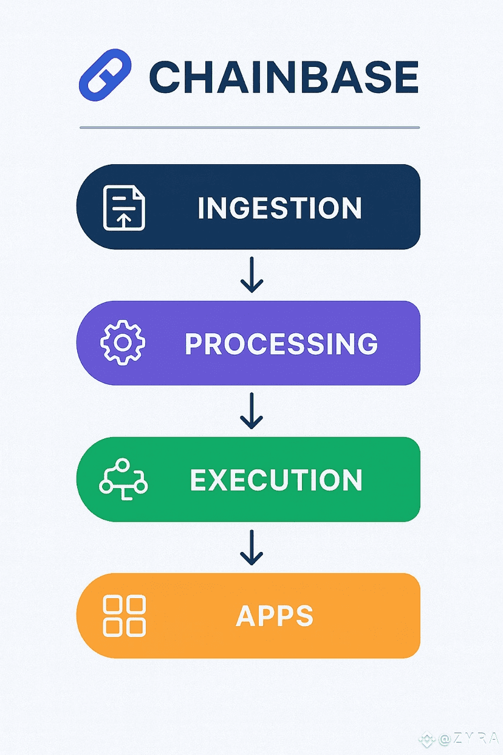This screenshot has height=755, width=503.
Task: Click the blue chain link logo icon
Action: pyautogui.click(x=104, y=75)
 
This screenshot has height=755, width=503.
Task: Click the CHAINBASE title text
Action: pyautogui.click(x=284, y=77)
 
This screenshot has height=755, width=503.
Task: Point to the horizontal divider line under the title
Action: pyautogui.click(x=250, y=128)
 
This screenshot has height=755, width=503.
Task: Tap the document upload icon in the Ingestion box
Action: pyautogui.click(x=124, y=208)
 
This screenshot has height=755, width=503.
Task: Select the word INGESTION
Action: pyautogui.click(x=279, y=208)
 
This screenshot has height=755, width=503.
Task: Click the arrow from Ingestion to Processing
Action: pyautogui.click(x=251, y=275)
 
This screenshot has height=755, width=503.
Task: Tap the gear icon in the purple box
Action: pyautogui.click(x=123, y=342)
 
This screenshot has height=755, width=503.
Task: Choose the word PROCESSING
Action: pyautogui.click(x=281, y=343)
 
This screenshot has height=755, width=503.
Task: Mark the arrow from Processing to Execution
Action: pyautogui.click(x=251, y=411)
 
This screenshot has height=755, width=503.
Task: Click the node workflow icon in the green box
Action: pyautogui.click(x=123, y=478)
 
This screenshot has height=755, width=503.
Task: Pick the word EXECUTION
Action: pyautogui.click(x=276, y=480)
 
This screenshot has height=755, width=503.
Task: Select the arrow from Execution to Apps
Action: pyautogui.click(x=251, y=547)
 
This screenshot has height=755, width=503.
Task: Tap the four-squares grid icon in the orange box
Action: pyautogui.click(x=125, y=616)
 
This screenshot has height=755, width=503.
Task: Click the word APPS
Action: pyautogui.click(x=275, y=615)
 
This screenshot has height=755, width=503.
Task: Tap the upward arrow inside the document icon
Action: pyautogui.click(x=124, y=221)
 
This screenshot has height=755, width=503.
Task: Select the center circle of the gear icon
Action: pyautogui.click(x=123, y=342)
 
